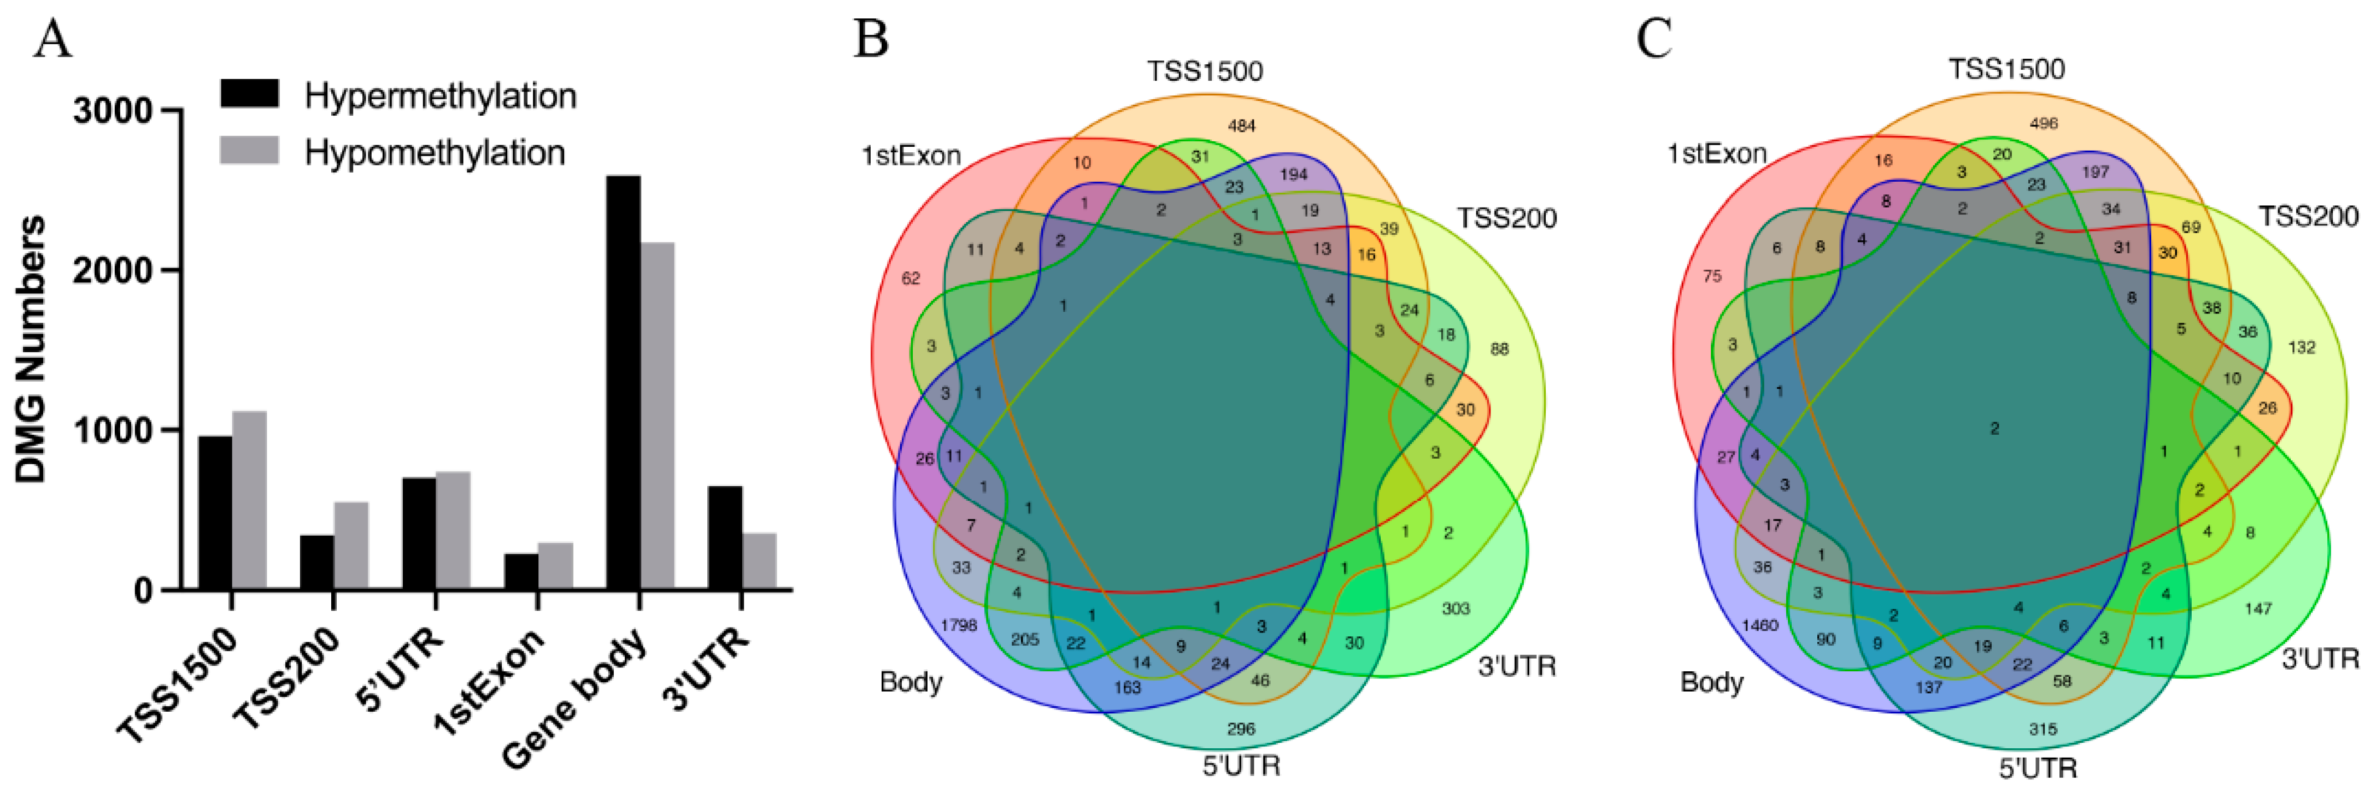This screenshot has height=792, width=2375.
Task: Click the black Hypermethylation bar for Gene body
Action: [x=623, y=383]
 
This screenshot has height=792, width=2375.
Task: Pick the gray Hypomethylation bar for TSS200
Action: [x=351, y=546]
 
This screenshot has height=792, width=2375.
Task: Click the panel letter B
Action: [x=871, y=40]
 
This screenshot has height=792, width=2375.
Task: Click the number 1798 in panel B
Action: [x=958, y=625]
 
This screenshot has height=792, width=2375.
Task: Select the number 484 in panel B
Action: [x=1241, y=125]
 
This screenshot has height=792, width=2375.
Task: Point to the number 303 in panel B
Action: [x=1455, y=609]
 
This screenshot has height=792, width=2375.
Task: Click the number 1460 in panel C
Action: [x=1759, y=625]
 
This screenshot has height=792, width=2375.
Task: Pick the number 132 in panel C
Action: [x=2301, y=348]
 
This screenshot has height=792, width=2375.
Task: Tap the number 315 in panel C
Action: [x=2042, y=728]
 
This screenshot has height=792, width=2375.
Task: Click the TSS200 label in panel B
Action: [x=1507, y=219]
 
